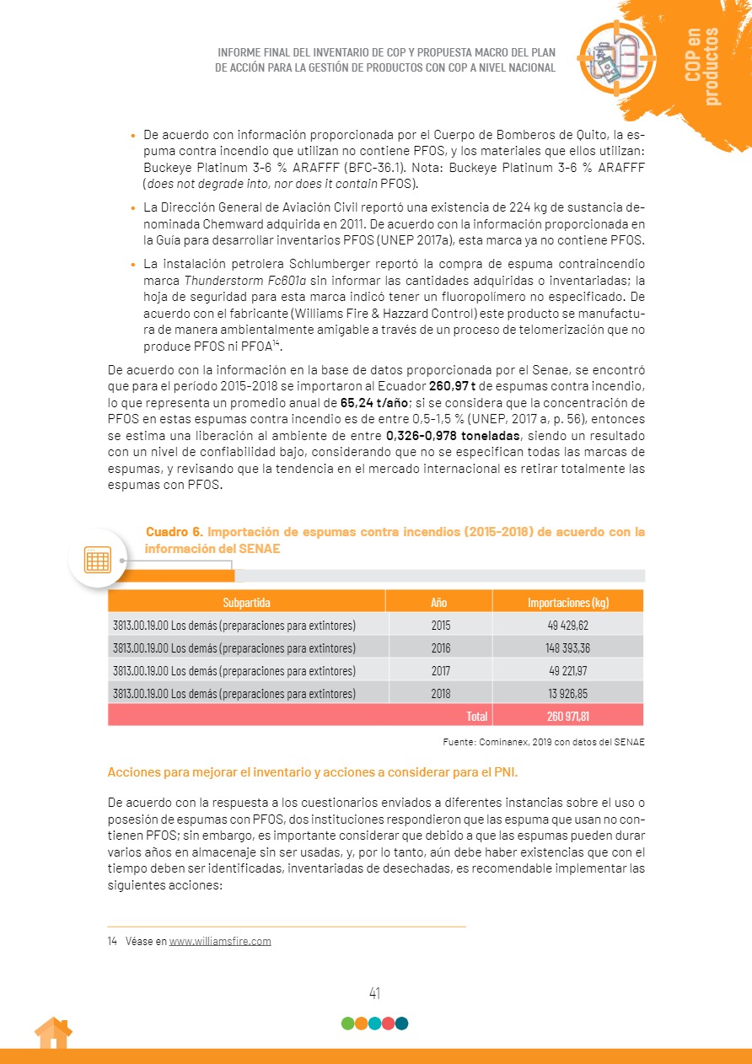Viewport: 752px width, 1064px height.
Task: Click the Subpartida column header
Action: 246,602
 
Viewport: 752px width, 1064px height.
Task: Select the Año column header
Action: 438,602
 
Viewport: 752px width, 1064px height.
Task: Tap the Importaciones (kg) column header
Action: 567,602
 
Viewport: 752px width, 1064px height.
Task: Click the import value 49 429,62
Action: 567,626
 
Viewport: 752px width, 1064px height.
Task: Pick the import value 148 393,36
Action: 567,648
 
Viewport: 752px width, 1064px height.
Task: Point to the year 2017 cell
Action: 440,671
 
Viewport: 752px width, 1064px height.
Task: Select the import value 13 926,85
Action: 567,694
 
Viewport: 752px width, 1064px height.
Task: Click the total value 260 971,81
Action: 567,717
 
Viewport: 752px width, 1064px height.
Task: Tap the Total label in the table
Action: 477,717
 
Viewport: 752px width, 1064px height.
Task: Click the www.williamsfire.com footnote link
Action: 220,941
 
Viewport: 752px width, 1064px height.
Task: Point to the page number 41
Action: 375,993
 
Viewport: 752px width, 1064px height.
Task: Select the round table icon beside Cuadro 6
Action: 97,558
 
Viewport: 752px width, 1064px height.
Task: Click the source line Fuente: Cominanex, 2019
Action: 543,742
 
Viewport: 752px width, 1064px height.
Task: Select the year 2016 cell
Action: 440,648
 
